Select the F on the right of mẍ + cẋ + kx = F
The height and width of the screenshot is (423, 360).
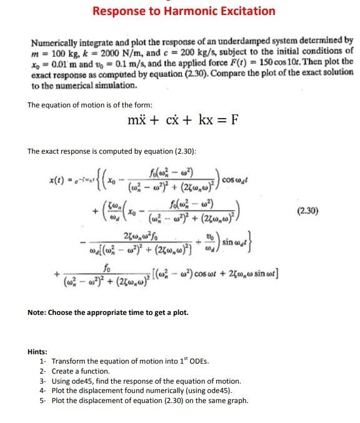pyautogui.click(x=234, y=120)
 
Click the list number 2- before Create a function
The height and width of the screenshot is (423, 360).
pyautogui.click(x=42, y=371)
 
